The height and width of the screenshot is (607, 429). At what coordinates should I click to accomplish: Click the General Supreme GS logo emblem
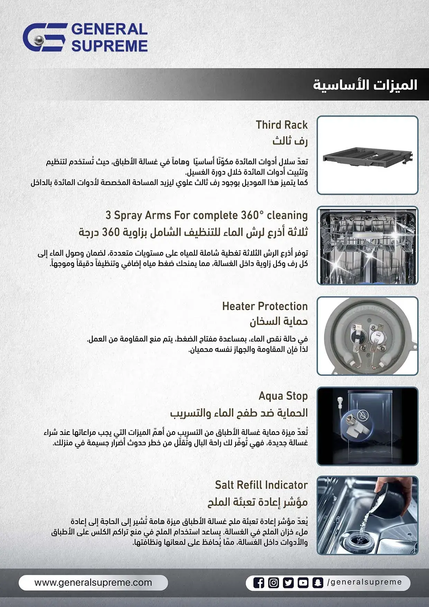[x=44, y=37]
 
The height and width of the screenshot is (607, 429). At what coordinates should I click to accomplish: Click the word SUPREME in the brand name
[x=110, y=46]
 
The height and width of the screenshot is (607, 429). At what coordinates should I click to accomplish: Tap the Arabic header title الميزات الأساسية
[x=365, y=85]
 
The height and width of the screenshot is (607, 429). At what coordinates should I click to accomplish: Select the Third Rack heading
[x=282, y=125]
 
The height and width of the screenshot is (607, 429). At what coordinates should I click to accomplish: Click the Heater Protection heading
[x=265, y=306]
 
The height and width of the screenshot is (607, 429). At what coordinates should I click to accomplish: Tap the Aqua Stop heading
[x=283, y=396]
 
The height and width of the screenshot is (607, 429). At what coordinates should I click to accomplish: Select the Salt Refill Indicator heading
[x=261, y=485]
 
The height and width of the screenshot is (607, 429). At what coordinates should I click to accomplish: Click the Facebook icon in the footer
[x=258, y=583]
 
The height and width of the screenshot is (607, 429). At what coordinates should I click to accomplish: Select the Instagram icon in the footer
[x=273, y=583]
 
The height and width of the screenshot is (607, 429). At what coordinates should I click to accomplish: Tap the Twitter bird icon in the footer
[x=288, y=583]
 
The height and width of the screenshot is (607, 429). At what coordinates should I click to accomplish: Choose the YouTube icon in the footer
[x=303, y=583]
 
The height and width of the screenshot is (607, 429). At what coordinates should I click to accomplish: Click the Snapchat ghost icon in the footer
[x=318, y=583]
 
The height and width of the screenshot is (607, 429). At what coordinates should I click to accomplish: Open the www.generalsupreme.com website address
[x=93, y=582]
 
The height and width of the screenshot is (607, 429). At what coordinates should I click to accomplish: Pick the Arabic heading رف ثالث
[x=290, y=141]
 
